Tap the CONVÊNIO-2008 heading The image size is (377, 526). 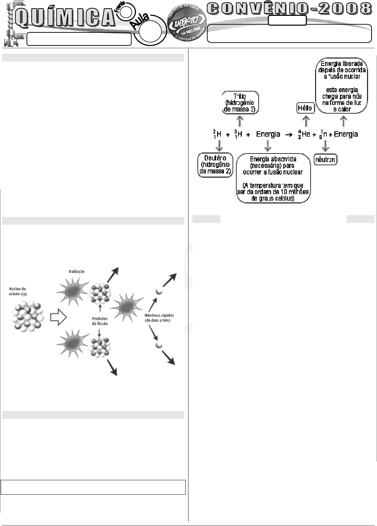pos(291,9)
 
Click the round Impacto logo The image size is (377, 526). pos(187,23)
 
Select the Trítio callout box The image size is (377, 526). pos(240,102)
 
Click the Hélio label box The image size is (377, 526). pos(305,108)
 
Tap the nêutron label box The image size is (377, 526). pos(326,160)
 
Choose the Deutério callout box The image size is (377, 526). pos(215,165)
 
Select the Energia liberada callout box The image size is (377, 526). pos(341,85)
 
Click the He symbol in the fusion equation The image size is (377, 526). pos(305,134)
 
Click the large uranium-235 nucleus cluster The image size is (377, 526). pos(28,316)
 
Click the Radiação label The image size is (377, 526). pos(77,272)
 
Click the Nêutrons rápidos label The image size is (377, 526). pos(157,318)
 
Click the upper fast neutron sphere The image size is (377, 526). pos(159,291)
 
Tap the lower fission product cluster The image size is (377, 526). pos(99,347)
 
